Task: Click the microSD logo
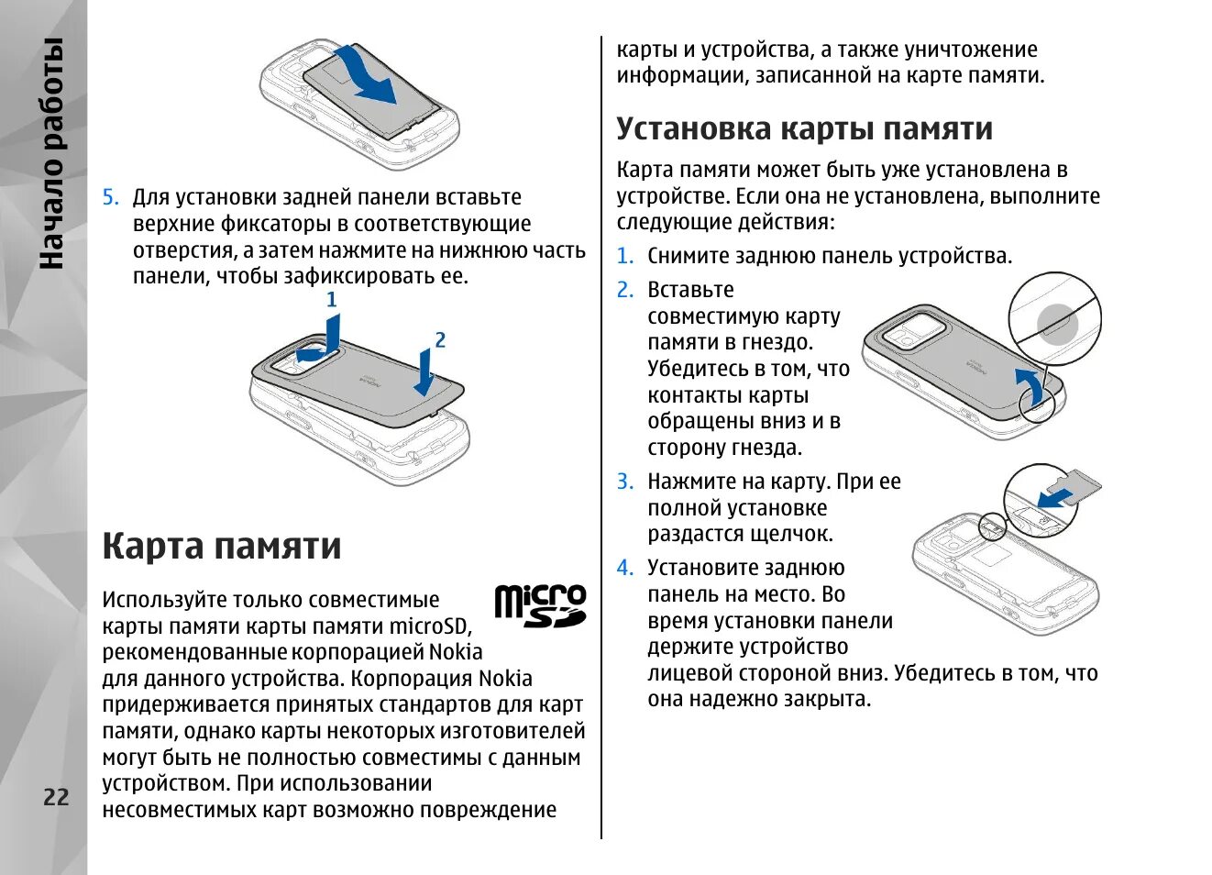click(540, 606)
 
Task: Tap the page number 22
click(56, 797)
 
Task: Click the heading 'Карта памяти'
click(221, 546)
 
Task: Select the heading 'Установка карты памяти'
click(804, 128)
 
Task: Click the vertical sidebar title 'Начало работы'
click(52, 154)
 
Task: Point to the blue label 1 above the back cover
click(332, 300)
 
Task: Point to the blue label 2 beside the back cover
click(440, 340)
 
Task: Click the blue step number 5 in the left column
click(110, 198)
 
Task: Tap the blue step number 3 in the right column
click(624, 482)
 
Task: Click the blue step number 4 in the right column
click(624, 569)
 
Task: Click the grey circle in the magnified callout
click(1057, 324)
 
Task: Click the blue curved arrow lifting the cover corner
click(1033, 385)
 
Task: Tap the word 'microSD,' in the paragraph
click(430, 626)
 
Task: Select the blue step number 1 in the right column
click(624, 257)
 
